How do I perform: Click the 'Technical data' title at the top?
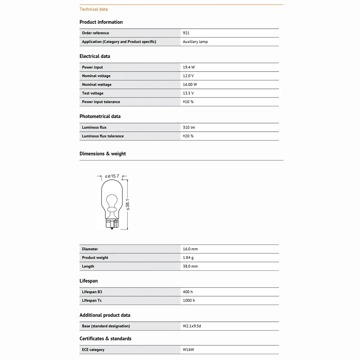coord(94,9)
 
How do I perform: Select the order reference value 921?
coord(186,33)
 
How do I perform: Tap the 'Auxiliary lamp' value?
coord(195,42)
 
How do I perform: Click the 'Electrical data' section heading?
coord(95,56)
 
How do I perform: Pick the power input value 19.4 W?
coord(189,67)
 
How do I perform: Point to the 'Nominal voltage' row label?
coord(96,76)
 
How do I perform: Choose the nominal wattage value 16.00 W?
coord(190,85)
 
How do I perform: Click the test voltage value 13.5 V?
coord(188,93)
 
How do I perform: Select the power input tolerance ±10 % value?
coord(188,102)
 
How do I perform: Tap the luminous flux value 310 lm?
coord(189,127)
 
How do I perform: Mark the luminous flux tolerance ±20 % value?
coord(188,136)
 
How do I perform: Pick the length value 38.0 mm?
coord(190,266)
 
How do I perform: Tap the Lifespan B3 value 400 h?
coord(188,292)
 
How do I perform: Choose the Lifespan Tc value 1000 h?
coord(189,301)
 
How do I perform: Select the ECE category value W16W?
coord(189,350)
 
